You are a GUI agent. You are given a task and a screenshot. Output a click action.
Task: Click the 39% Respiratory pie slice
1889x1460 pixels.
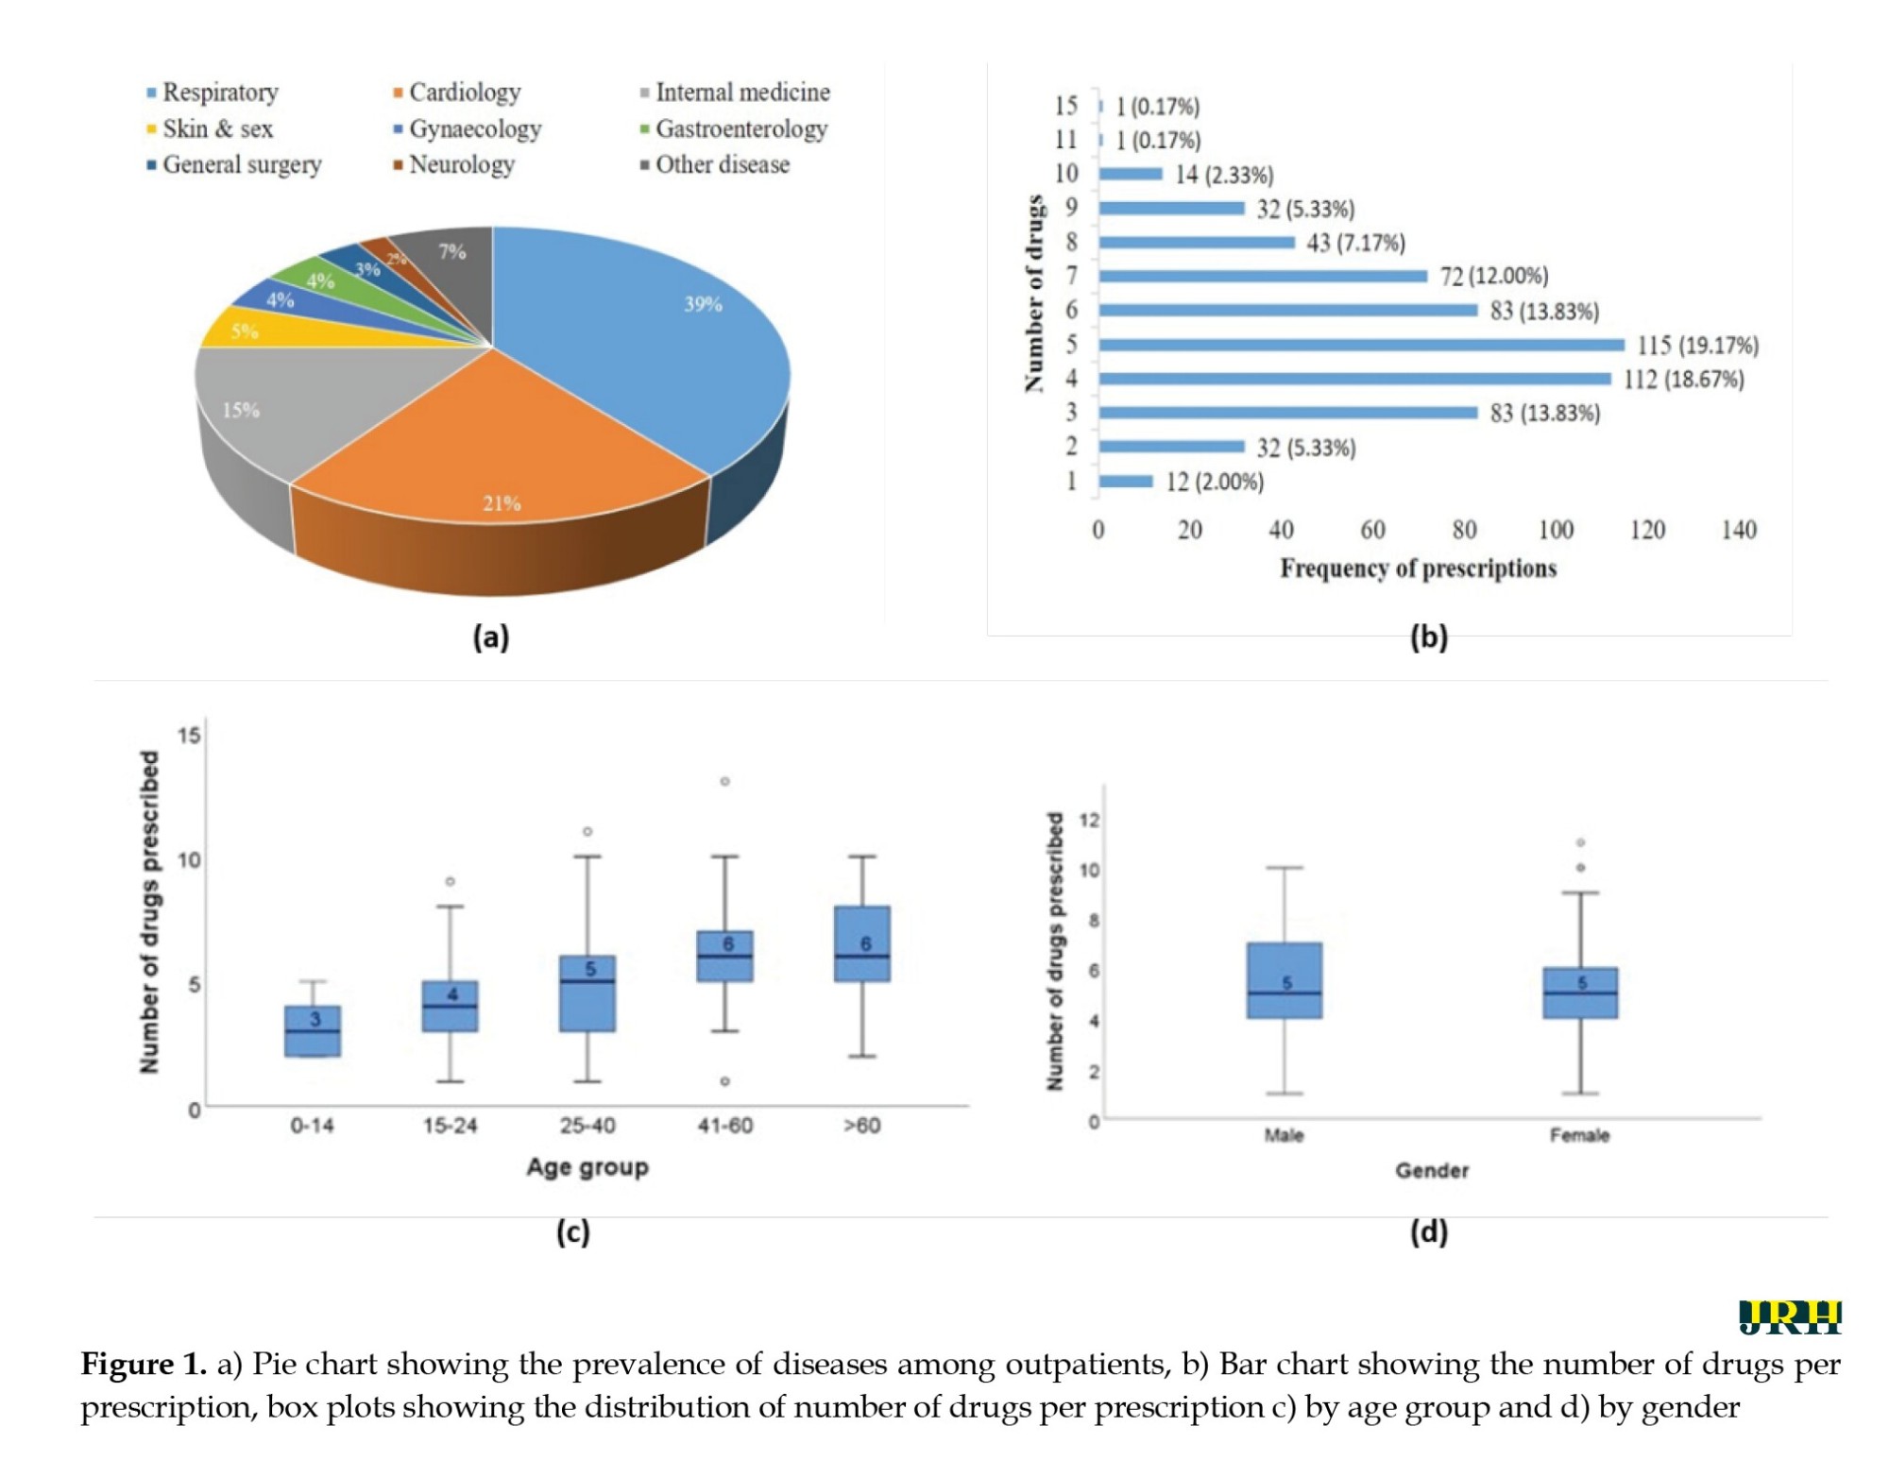coord(642,340)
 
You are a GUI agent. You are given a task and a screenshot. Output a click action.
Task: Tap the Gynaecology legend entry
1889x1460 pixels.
coord(468,128)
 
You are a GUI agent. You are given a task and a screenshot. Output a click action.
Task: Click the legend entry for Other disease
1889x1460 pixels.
coord(715,164)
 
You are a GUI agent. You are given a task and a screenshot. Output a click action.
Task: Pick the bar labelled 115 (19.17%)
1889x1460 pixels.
coord(1361,345)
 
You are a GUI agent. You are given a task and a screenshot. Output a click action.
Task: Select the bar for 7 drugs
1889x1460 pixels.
coord(1263,276)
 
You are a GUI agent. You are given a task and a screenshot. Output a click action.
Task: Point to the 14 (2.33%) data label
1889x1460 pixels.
coord(1224,175)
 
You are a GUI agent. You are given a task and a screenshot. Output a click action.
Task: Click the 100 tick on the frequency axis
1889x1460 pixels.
coord(1556,530)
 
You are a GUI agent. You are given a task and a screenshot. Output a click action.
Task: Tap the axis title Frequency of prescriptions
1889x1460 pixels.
coord(1418,569)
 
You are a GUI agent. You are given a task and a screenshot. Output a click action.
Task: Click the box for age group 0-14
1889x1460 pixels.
coord(313,1030)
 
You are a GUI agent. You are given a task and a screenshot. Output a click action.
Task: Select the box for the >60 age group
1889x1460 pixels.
coord(862,943)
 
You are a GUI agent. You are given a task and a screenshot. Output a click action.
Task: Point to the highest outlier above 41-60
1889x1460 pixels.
coord(725,781)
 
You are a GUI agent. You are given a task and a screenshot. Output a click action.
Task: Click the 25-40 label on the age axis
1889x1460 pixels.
coord(587,1125)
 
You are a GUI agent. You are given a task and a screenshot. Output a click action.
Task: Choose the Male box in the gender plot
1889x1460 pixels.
coord(1285,980)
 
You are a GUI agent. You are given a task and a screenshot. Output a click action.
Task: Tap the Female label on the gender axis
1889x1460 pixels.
coord(1579,1135)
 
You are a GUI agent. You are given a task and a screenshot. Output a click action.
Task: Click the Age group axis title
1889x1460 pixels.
coord(587,1167)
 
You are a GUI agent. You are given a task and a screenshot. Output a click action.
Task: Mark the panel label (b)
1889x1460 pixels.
coord(1429,637)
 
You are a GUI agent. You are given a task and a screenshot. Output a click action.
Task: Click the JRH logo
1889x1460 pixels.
coord(1790,1316)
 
